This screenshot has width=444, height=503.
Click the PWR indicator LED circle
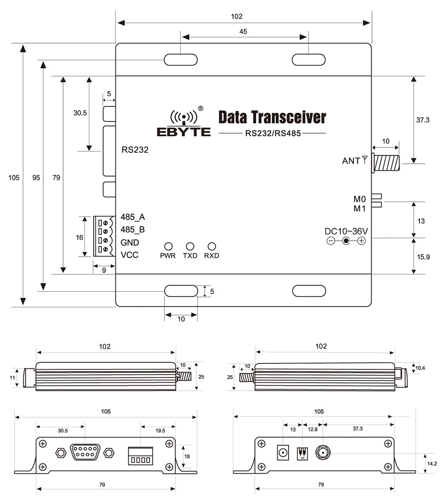tap(168, 246)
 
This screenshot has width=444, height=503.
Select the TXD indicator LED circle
tap(190, 246)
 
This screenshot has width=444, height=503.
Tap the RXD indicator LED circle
tap(212, 246)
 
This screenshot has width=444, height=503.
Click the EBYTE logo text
tap(183, 132)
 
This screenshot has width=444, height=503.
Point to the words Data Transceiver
tap(272, 117)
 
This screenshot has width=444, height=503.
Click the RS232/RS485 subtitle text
tap(273, 133)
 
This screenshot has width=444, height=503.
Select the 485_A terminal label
tap(133, 217)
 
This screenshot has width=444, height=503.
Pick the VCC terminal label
tap(130, 255)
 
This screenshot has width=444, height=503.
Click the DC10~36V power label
tap(347, 231)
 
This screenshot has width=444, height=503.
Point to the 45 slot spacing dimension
tap(243, 32)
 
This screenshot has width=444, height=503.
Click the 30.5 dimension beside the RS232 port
tap(80, 113)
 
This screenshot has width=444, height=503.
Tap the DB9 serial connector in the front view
tap(83, 453)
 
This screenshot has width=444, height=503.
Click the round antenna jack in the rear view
tap(322, 453)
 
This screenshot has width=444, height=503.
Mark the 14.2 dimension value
tap(431, 463)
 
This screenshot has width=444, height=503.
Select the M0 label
tap(360, 199)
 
